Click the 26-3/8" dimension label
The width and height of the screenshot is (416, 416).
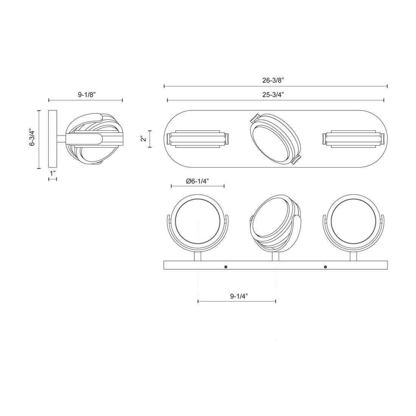(275, 80)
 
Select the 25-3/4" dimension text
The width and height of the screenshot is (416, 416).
(275, 95)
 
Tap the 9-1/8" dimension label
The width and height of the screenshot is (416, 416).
(86, 95)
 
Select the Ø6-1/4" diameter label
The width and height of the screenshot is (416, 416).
(198, 181)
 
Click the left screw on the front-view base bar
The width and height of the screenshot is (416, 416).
(226, 267)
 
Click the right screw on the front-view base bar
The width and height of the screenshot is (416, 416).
(325, 267)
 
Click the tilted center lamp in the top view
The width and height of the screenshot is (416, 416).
(275, 138)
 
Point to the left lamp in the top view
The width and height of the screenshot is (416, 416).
(198, 138)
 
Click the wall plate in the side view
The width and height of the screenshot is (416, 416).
(53, 139)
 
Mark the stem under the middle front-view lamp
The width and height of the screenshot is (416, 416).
(276, 256)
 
